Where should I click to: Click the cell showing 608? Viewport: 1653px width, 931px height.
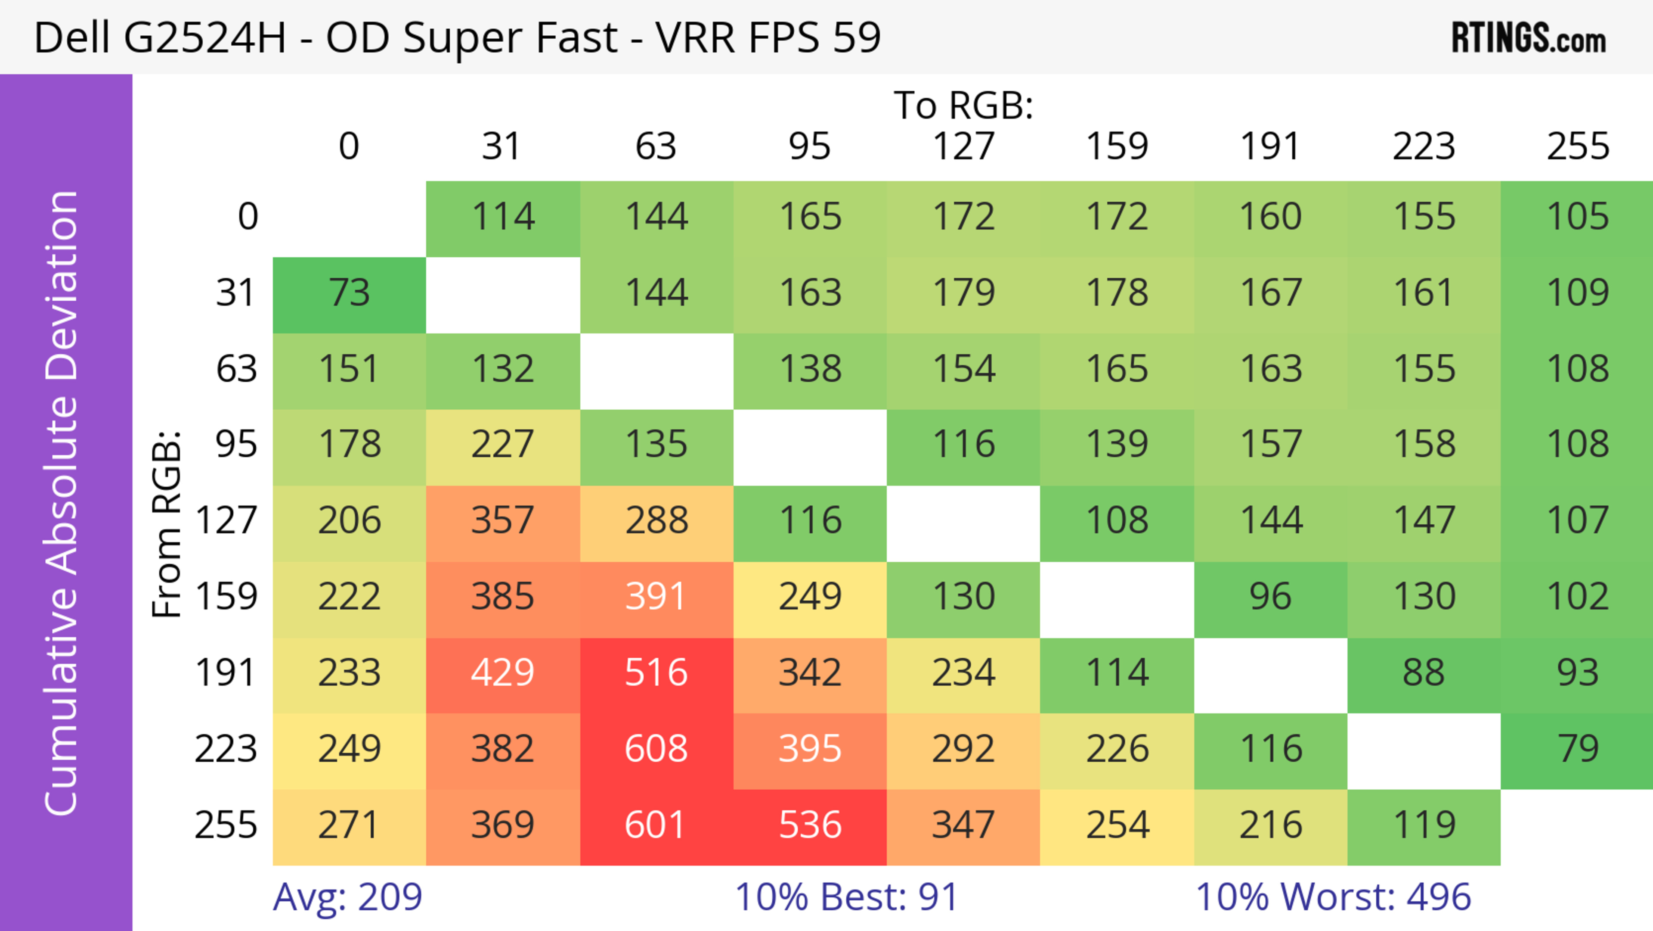pyautogui.click(x=656, y=749)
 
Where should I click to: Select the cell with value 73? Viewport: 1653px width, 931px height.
pyautogui.click(x=349, y=293)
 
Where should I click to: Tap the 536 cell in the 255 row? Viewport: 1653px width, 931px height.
pyautogui.click(x=810, y=825)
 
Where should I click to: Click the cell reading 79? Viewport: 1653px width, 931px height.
pyautogui.click(x=1577, y=749)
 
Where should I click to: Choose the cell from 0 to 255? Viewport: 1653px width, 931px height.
pyautogui.click(x=1577, y=217)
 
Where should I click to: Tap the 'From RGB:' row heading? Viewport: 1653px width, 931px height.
pyautogui.click(x=167, y=523)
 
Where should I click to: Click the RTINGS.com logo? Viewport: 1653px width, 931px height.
pyautogui.click(x=1529, y=38)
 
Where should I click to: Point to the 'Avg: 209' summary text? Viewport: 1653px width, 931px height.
pyautogui.click(x=347, y=897)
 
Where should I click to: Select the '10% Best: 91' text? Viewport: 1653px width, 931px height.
pyautogui.click(x=846, y=897)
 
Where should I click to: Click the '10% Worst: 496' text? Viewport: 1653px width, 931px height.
pyautogui.click(x=1333, y=897)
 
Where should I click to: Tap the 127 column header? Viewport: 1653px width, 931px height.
pyautogui.click(x=963, y=146)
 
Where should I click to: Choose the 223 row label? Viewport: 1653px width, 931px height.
pyautogui.click(x=226, y=749)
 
